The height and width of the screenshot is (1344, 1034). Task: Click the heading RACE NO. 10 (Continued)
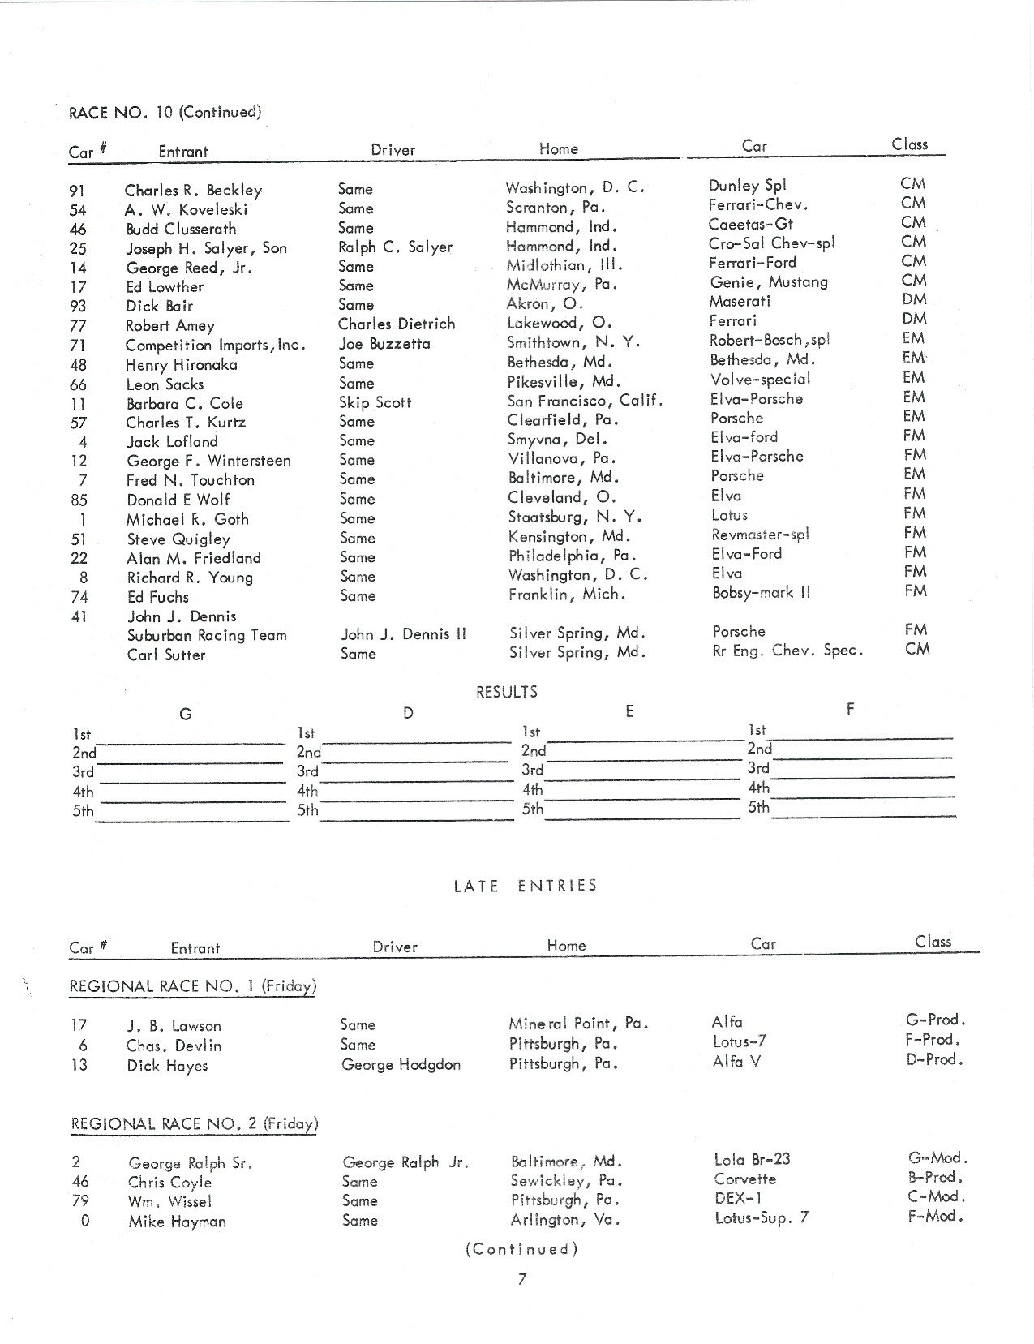pos(165,112)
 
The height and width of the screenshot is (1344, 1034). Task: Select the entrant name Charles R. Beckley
pos(193,191)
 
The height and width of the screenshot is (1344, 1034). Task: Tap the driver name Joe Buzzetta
pos(384,344)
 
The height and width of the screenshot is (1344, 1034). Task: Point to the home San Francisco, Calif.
pos(585,400)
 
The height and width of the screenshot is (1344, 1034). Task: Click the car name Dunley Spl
pos(747,185)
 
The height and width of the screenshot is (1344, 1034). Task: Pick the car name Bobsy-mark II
pos(761,593)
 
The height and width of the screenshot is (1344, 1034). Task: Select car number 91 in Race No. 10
pos(77,191)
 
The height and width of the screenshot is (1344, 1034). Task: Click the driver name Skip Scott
pos(375,402)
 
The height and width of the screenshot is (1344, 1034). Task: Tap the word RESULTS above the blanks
pos(506,692)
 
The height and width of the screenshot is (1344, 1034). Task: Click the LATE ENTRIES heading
pos(525,886)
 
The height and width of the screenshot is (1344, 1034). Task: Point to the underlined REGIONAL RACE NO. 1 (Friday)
pos(193,987)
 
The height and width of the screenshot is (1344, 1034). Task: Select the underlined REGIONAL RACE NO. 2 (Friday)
pos(194,1124)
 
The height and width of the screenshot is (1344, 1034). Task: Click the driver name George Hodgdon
pos(401,1064)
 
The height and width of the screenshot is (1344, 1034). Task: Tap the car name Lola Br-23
pos(752,1160)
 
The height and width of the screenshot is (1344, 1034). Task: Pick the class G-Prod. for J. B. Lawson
pos(935,1020)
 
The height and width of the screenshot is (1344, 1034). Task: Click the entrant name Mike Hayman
pos(177,1222)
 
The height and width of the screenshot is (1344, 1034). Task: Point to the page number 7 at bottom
pos(522,1279)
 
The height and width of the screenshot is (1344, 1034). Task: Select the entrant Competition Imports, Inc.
pos(215,346)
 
